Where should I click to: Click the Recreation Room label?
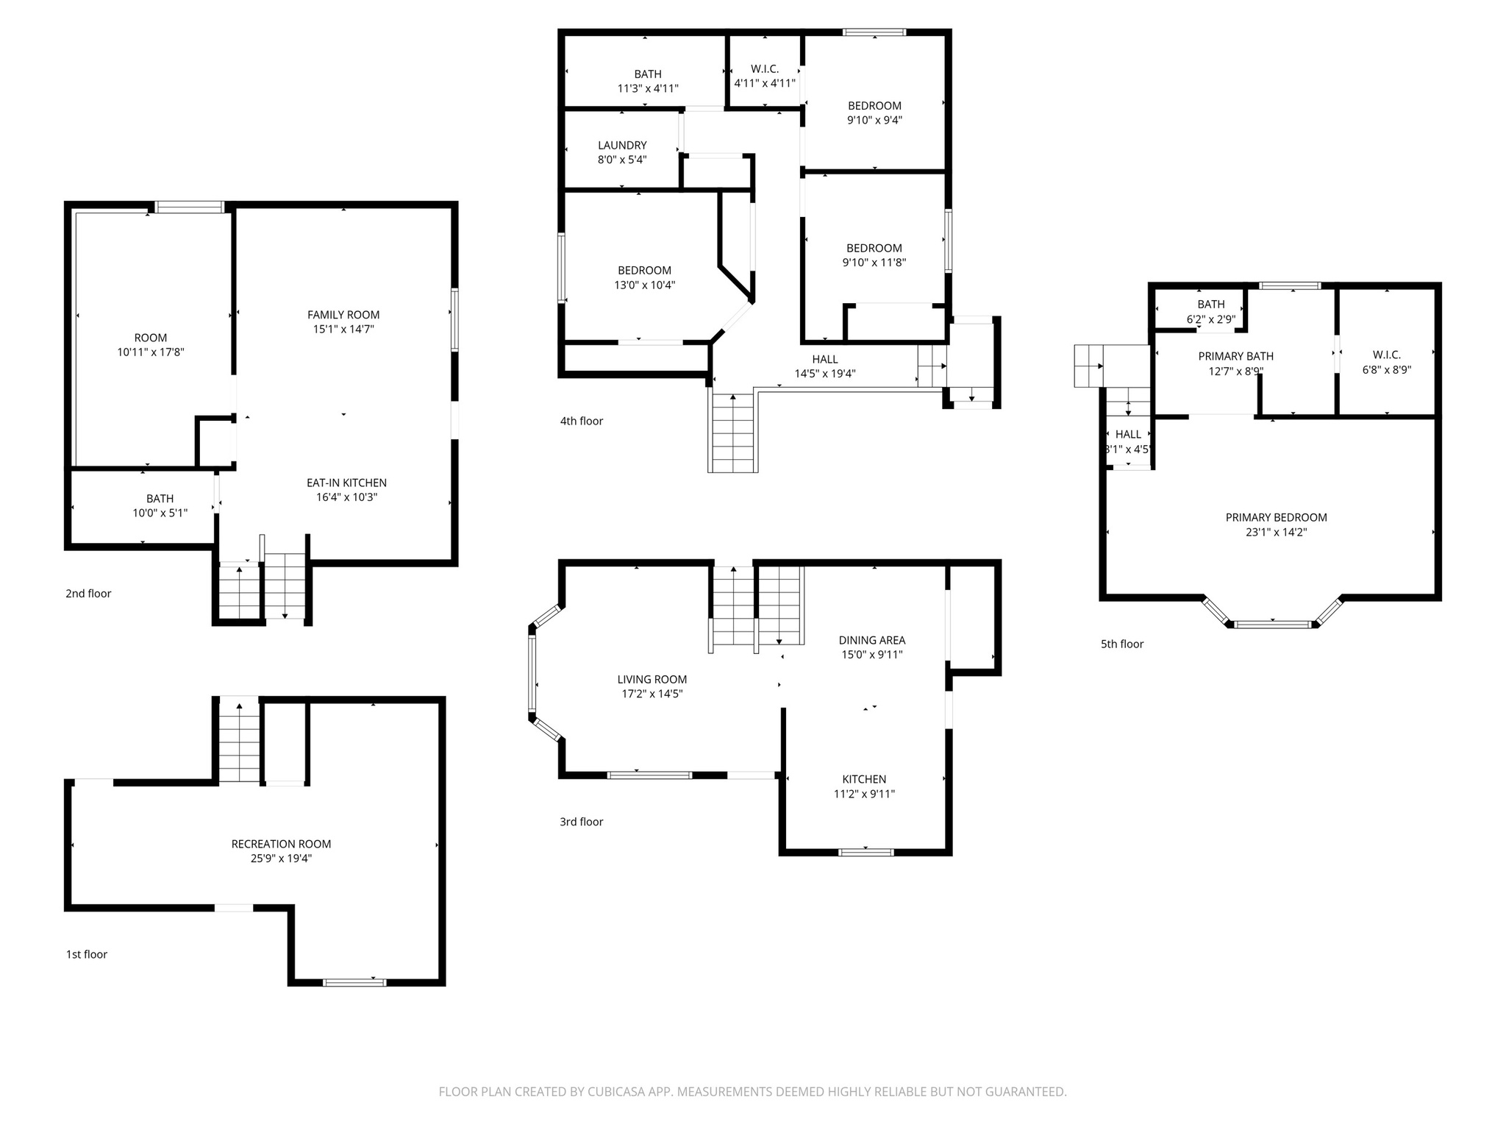point(281,844)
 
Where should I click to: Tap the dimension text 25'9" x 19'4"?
point(281,859)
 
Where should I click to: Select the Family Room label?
point(343,315)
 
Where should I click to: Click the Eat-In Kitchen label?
point(346,483)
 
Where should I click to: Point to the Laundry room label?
point(622,146)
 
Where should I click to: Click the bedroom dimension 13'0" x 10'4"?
point(644,285)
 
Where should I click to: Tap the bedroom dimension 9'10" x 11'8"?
point(874,263)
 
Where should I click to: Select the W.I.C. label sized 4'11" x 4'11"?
point(765,69)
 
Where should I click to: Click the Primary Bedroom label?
point(1276,518)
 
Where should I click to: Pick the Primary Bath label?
point(1235,357)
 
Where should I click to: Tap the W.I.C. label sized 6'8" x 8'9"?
point(1386,355)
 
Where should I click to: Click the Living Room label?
point(652,680)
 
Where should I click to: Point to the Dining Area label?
point(871,641)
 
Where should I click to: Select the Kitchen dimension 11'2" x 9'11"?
point(864,795)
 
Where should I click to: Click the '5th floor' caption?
point(1121,644)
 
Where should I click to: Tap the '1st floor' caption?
point(87,955)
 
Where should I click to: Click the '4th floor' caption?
point(581,422)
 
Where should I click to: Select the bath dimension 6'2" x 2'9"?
point(1210,320)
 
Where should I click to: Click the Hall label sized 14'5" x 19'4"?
point(824,360)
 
